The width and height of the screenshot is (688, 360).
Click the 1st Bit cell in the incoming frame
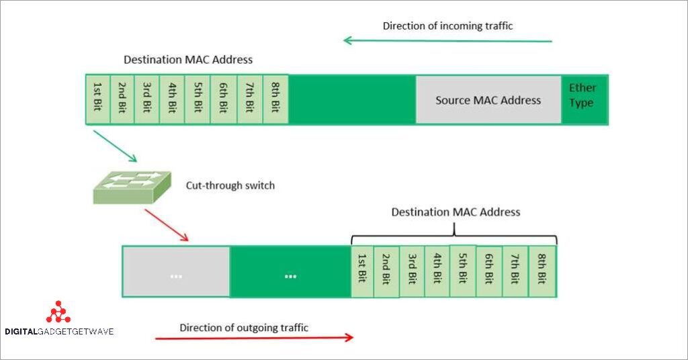(x=97, y=99)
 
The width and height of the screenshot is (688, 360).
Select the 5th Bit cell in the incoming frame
(x=198, y=99)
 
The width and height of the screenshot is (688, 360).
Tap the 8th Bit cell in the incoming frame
(x=275, y=99)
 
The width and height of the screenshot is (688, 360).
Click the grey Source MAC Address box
(x=488, y=100)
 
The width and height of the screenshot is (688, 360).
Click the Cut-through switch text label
(x=230, y=185)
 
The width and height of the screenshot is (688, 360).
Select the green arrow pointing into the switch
(x=115, y=146)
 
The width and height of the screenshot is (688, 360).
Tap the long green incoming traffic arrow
(x=447, y=41)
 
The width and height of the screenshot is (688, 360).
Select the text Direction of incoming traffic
(x=447, y=26)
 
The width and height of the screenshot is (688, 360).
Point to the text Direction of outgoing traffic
(x=244, y=328)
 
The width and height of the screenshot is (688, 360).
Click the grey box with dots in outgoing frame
(x=176, y=272)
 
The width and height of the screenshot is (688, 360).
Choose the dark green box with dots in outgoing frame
(x=290, y=272)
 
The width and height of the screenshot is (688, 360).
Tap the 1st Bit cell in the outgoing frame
(x=363, y=272)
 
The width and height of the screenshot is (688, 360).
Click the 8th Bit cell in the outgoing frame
(x=542, y=272)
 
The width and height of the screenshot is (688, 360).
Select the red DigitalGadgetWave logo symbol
(x=58, y=312)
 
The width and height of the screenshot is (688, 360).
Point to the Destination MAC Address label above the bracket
(x=456, y=212)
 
